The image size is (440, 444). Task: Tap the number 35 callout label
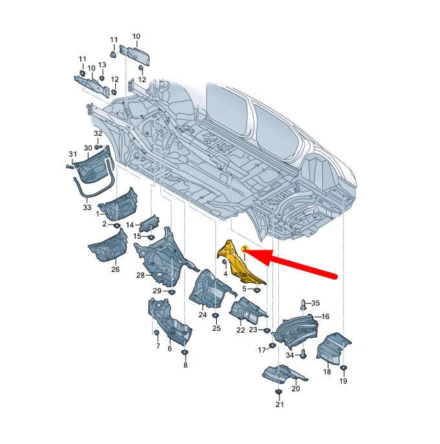(x=315, y=303)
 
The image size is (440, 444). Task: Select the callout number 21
(x=280, y=405)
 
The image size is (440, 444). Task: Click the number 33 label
(x=87, y=207)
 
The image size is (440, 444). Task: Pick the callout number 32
(x=98, y=133)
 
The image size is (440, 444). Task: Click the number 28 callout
(x=140, y=275)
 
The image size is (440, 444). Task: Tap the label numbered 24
(x=203, y=315)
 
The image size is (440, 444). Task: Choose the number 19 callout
(x=343, y=381)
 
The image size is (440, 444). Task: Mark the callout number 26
(x=115, y=269)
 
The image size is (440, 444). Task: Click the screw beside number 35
(x=303, y=304)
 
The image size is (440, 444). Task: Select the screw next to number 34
(x=303, y=354)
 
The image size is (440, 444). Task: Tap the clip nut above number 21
(x=279, y=392)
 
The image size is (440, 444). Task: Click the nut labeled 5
(x=256, y=290)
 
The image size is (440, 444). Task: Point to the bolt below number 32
(x=98, y=147)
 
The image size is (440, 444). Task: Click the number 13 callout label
(x=102, y=65)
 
